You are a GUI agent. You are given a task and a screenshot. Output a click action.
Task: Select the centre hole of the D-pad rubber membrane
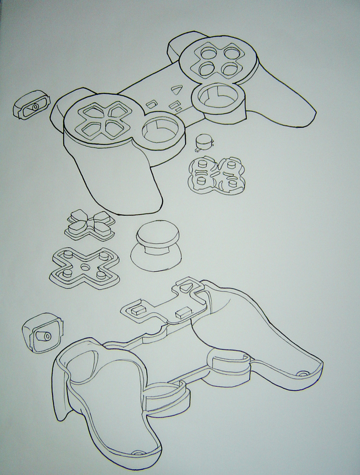click(x=85, y=266)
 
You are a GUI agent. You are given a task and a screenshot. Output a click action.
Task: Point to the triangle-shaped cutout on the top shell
click(x=177, y=88)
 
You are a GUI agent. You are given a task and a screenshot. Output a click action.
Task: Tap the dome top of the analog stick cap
click(x=156, y=234)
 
